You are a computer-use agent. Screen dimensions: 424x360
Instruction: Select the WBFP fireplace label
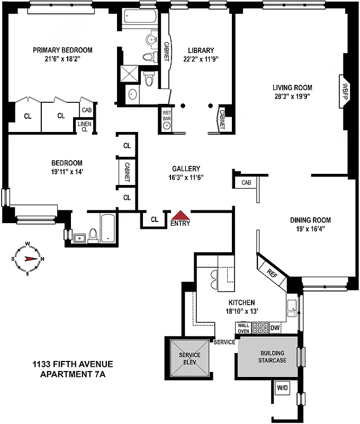pos(345,89)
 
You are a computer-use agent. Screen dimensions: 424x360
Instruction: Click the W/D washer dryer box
pos(281,388)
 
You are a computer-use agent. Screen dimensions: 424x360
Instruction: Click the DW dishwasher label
pos(274,328)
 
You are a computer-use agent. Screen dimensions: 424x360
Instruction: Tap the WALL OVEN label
pos(242,328)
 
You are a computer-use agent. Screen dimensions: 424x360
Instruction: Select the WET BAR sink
pos(166,126)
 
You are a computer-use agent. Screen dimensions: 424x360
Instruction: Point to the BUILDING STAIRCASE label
pos(272,357)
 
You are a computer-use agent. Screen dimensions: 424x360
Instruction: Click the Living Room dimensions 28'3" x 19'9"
pos(292,97)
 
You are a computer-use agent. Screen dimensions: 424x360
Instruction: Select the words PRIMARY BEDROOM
pos(62,50)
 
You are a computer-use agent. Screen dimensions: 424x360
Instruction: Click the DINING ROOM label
pos(310,220)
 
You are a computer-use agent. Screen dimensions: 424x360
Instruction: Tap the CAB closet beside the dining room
pos(246,183)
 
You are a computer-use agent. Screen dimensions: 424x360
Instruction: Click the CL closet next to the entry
pos(155,219)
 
